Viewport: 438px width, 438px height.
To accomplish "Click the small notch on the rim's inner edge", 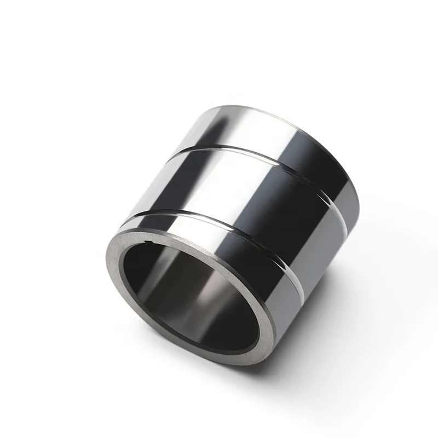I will click(147, 241).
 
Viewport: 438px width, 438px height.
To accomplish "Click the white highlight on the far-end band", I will click(230, 123).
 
